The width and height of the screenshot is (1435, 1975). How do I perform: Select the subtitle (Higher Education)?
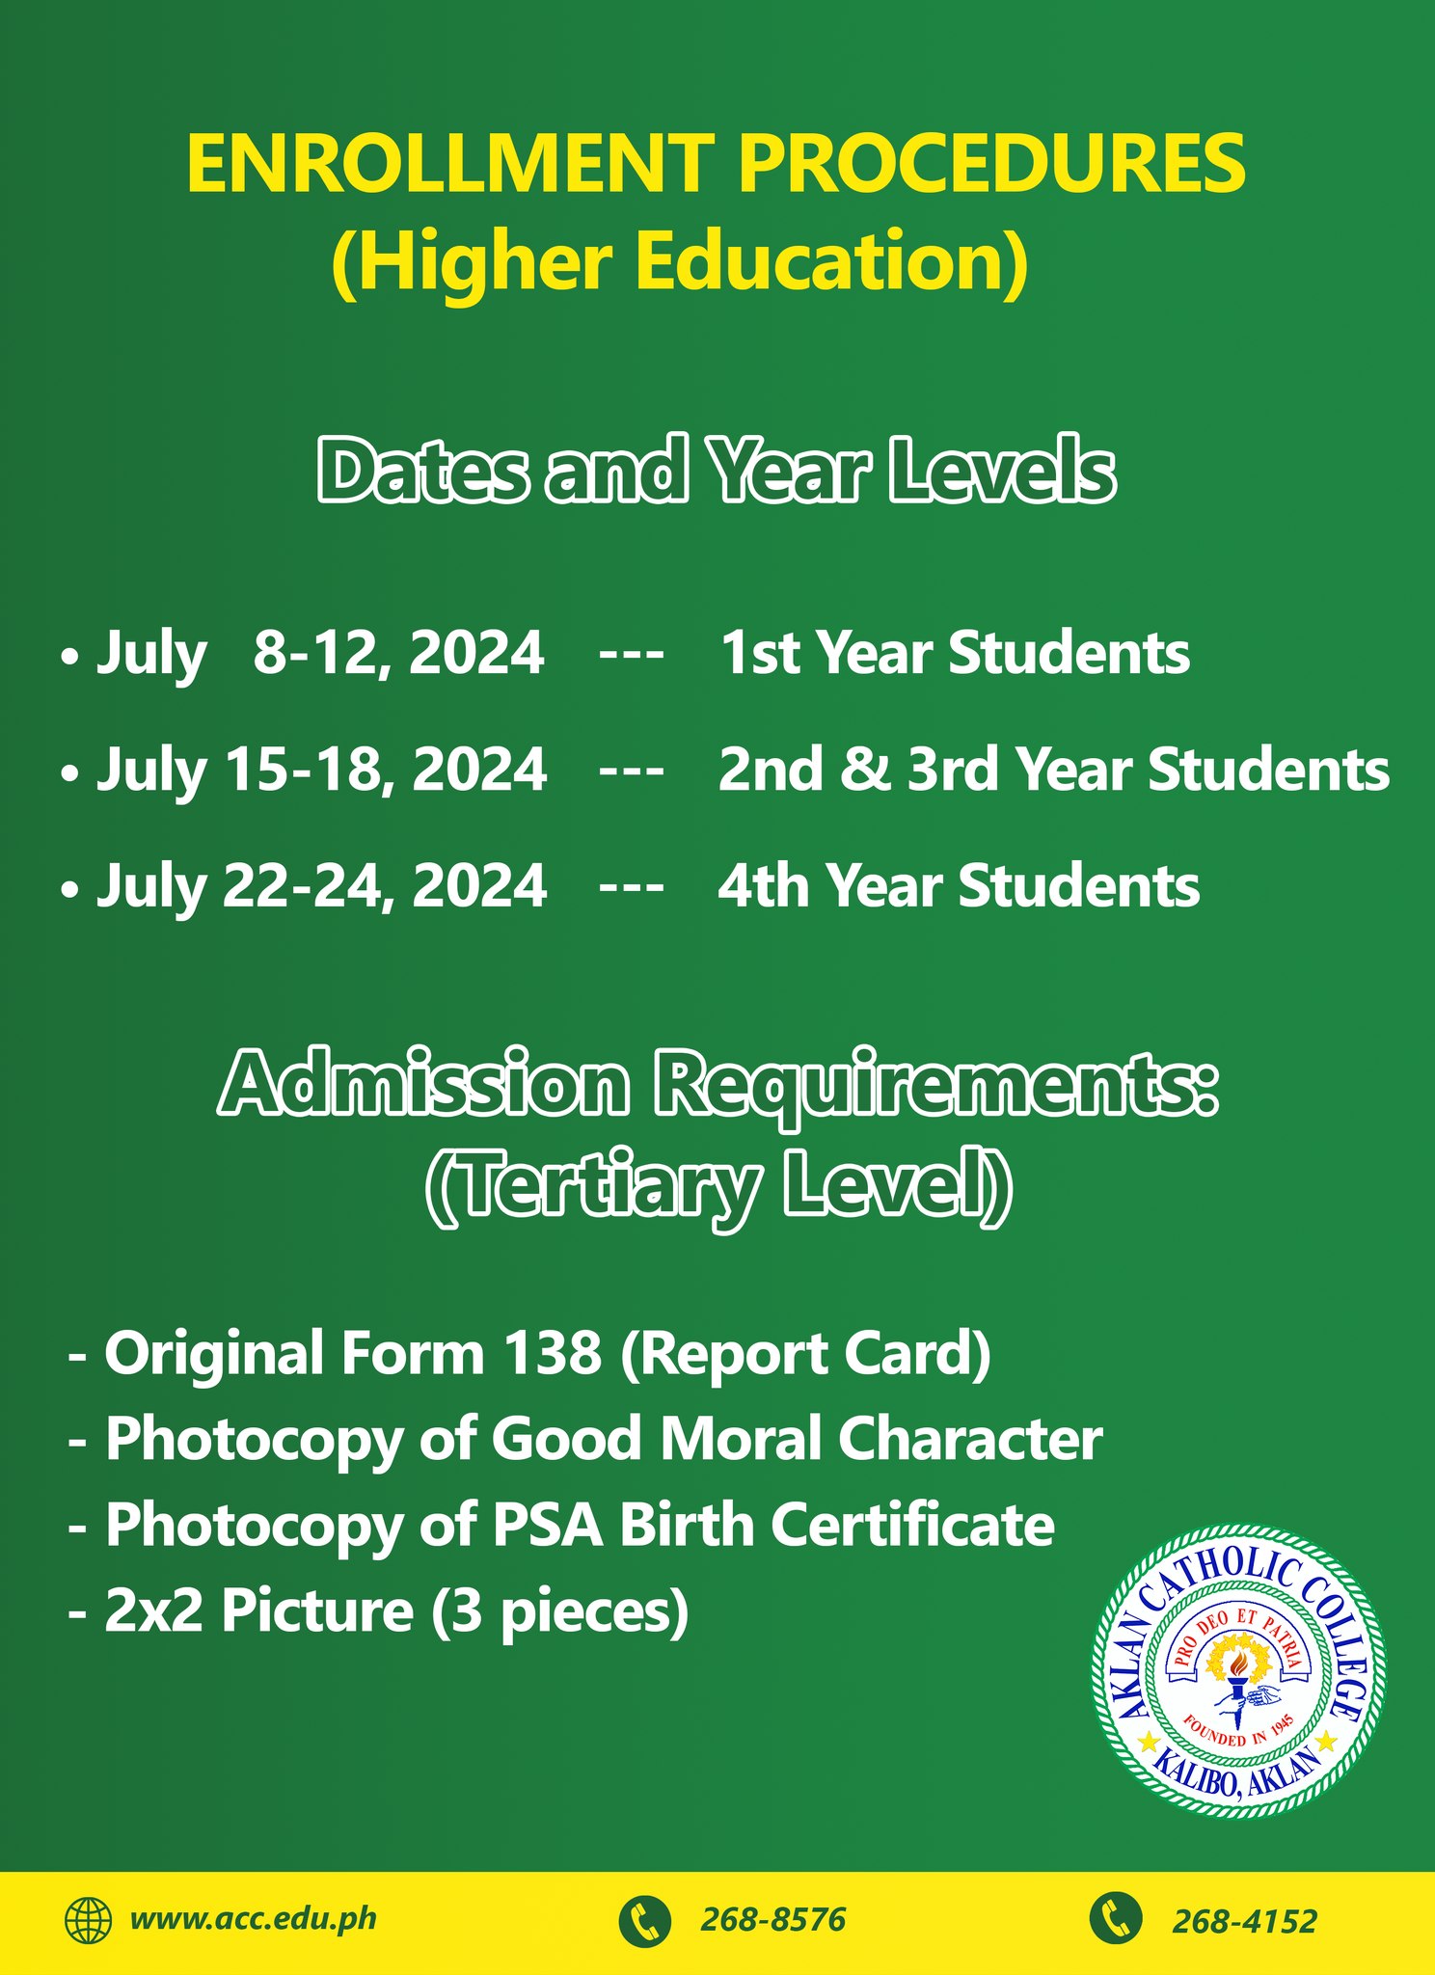[x=680, y=262]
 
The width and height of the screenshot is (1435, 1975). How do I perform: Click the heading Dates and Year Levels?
[x=717, y=472]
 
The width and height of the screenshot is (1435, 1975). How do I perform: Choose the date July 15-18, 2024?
[x=322, y=771]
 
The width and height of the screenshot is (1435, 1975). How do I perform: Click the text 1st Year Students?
[x=955, y=653]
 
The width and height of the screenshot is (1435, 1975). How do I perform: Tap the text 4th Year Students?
[x=959, y=886]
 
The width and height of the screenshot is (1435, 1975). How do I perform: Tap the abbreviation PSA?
[x=548, y=1526]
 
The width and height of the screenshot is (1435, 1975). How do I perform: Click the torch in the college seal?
[x=1233, y=1678]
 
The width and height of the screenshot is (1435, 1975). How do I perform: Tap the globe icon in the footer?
[x=89, y=1920]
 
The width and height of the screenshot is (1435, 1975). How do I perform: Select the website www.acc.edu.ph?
[x=254, y=1920]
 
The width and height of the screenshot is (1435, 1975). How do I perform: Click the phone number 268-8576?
[x=772, y=1921]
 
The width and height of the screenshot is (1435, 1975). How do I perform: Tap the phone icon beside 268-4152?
[x=1116, y=1919]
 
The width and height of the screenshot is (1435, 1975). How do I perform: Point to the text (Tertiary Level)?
[x=718, y=1187]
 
